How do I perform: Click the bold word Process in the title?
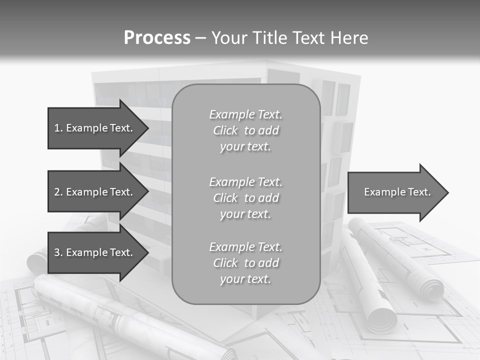click(157, 38)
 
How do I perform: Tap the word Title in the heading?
click(267, 38)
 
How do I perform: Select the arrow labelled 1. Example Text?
click(95, 128)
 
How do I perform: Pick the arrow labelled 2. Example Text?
click(95, 192)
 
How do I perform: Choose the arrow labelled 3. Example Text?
click(95, 252)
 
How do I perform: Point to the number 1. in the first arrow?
click(58, 128)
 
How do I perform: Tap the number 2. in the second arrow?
click(58, 192)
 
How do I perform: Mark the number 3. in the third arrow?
click(58, 252)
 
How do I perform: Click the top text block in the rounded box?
click(245, 130)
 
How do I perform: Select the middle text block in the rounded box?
click(245, 198)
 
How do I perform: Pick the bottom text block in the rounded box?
click(245, 263)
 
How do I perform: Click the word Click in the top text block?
click(225, 131)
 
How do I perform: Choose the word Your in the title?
click(228, 38)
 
